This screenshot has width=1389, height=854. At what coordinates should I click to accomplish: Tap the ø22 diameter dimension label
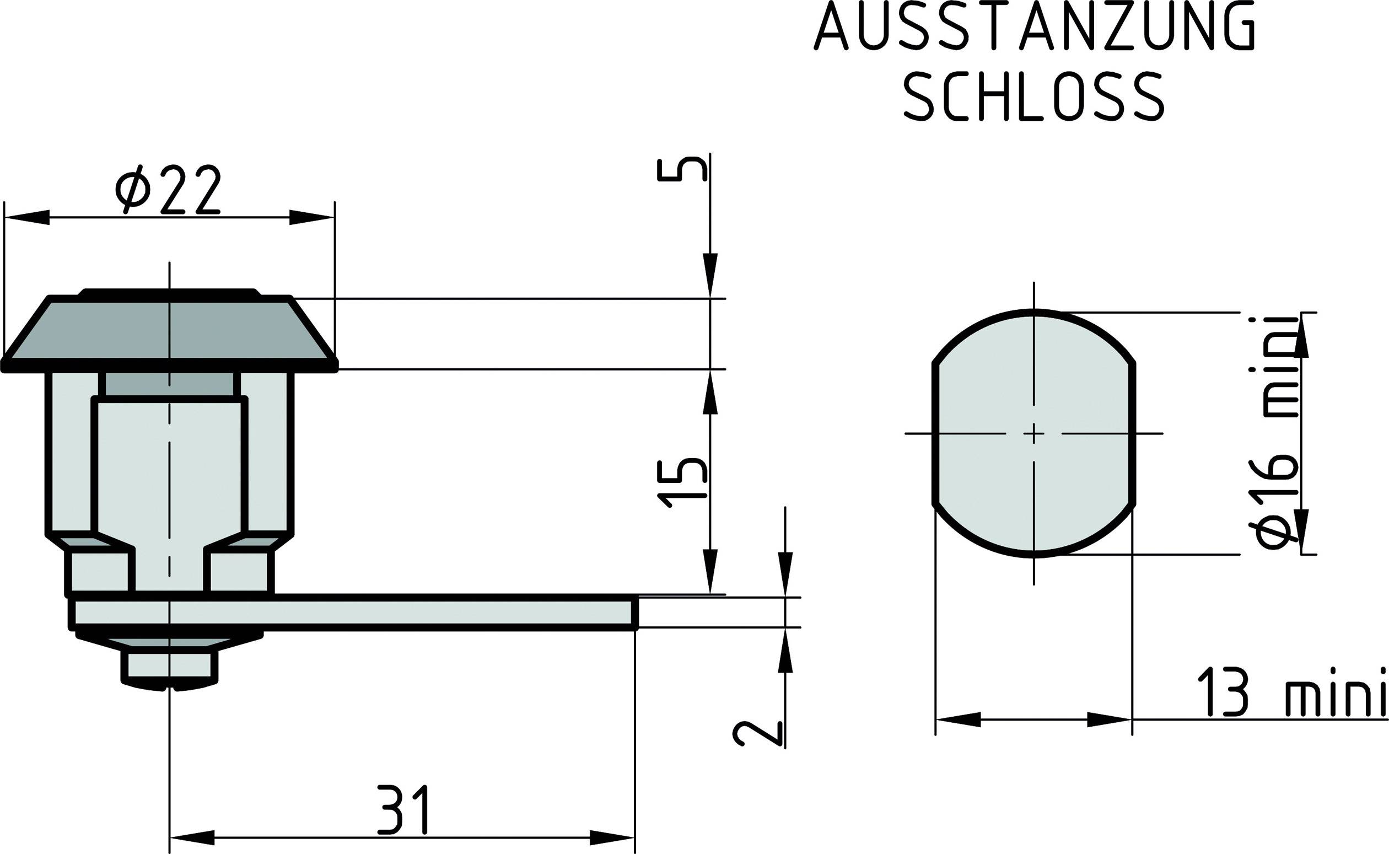[168, 190]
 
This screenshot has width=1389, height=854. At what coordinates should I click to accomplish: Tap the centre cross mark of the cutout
[1034, 433]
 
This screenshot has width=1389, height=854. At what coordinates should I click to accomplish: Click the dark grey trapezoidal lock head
[169, 333]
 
